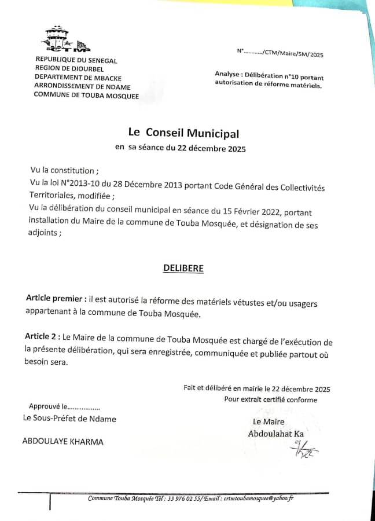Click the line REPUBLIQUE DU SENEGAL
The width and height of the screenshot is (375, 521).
pyautogui.click(x=76, y=60)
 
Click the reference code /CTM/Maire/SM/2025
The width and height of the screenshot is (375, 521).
pyautogui.click(x=293, y=54)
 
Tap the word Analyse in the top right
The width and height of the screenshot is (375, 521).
pyautogui.click(x=228, y=74)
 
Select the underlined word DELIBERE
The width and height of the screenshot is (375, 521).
pyautogui.click(x=183, y=269)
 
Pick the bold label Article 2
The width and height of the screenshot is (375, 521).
pyautogui.click(x=42, y=336)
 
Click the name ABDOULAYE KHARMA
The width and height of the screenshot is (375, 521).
pyautogui.click(x=62, y=441)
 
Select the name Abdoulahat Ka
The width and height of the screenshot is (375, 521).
pyautogui.click(x=276, y=434)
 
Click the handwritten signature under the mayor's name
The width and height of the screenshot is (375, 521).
pyautogui.click(x=304, y=449)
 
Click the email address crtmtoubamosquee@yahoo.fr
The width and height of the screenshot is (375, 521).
pyautogui.click(x=259, y=498)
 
